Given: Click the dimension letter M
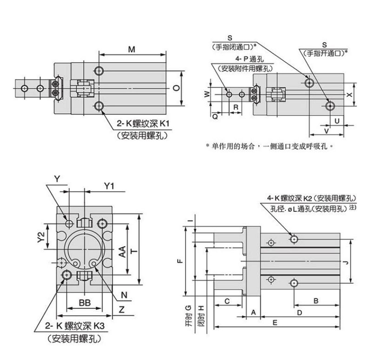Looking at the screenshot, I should click(x=132, y=49).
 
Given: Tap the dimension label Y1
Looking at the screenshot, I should click(x=109, y=186).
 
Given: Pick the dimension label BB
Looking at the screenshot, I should click(x=84, y=303).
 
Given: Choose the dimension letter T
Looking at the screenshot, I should click(x=134, y=251).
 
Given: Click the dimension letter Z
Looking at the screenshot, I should click(x=121, y=308).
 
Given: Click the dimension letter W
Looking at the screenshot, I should click(x=208, y=94).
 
